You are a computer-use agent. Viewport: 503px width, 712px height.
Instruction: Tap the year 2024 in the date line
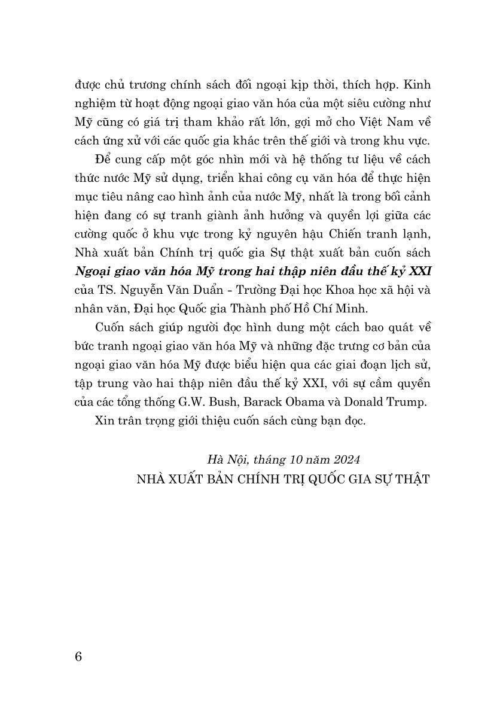tap(345, 460)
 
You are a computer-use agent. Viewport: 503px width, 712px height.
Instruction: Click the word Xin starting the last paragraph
tap(105, 421)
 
